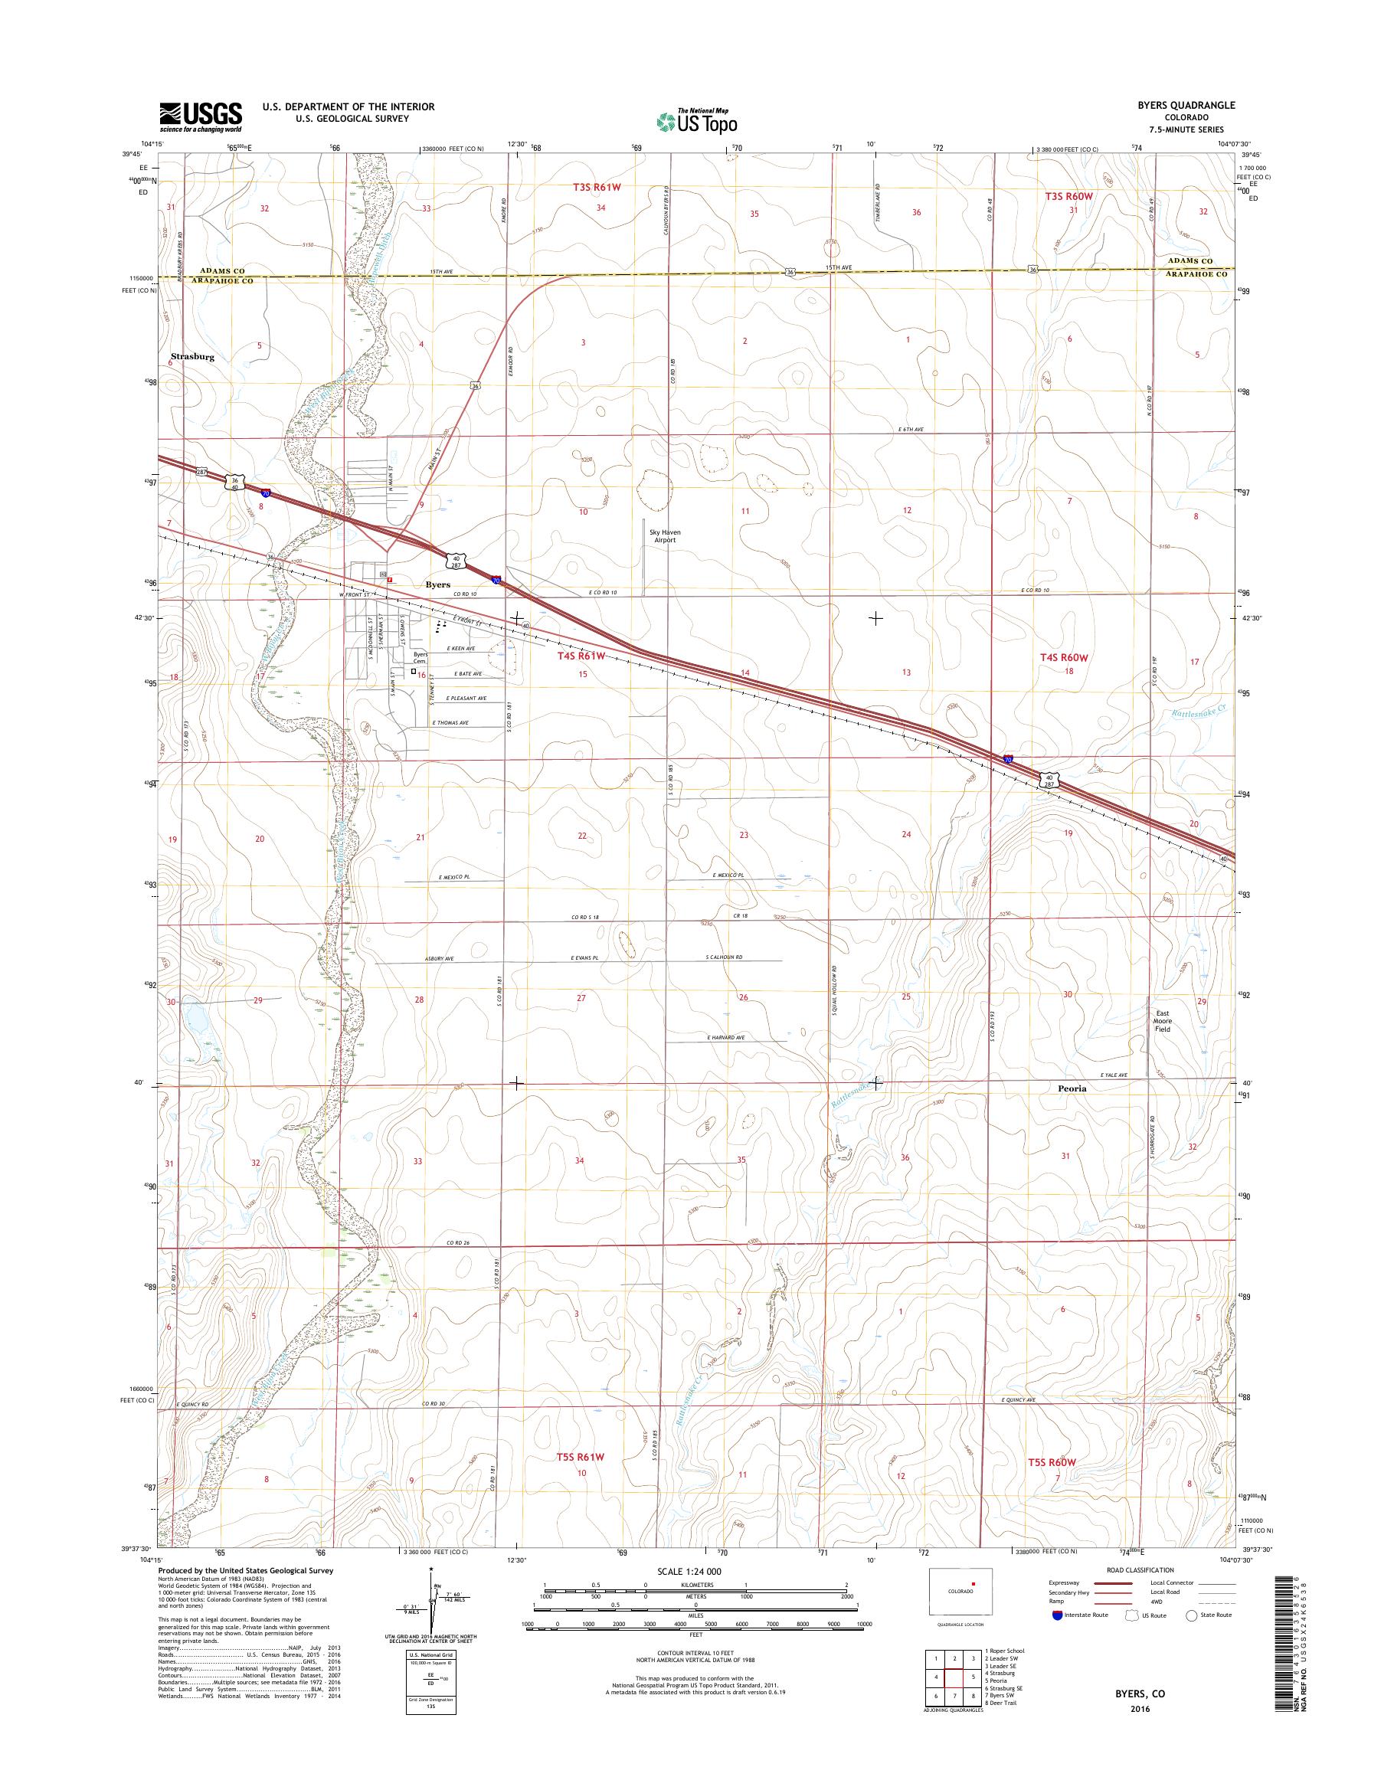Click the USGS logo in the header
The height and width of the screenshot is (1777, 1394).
click(201, 116)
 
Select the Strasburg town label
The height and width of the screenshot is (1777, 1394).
click(192, 358)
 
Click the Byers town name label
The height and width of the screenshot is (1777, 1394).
click(438, 584)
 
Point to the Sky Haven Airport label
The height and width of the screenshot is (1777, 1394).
click(664, 535)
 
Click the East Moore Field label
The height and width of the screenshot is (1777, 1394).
click(1162, 1021)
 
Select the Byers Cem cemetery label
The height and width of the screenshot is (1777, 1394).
click(420, 658)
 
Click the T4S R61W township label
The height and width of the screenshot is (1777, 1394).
click(582, 656)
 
